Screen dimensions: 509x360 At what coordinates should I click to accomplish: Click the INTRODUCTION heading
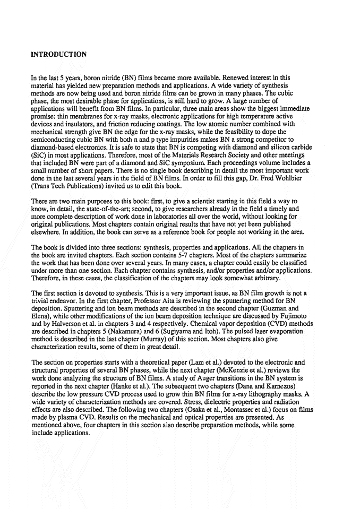click(59, 55)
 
